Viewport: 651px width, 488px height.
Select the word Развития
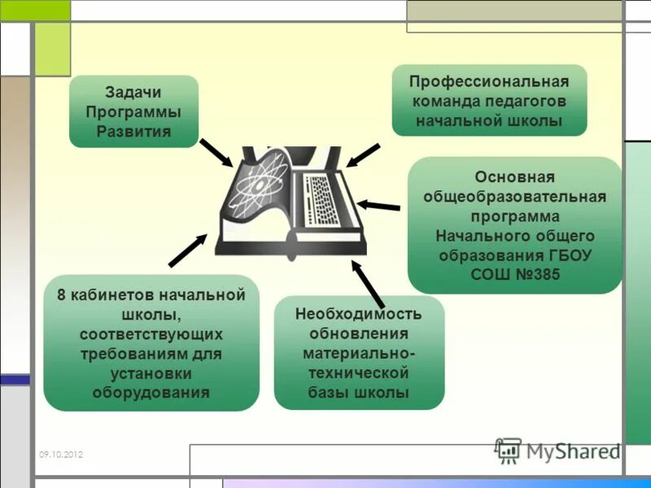pyautogui.click(x=133, y=131)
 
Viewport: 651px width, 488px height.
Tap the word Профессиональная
pyautogui.click(x=488, y=82)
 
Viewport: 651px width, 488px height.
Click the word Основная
pyautogui.click(x=514, y=177)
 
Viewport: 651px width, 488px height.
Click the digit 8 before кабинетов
pyautogui.click(x=62, y=295)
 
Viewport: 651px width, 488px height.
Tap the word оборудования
pyautogui.click(x=151, y=392)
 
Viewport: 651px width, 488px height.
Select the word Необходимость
pyautogui.click(x=359, y=314)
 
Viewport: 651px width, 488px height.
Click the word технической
pyautogui.click(x=359, y=373)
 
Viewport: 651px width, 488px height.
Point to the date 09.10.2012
pyautogui.click(x=60, y=455)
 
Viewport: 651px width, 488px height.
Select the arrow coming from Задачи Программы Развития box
pyautogui.click(x=216, y=152)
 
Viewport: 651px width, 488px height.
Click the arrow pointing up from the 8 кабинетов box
pyautogui.click(x=188, y=251)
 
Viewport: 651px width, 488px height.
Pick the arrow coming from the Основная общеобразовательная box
pyautogui.click(x=378, y=205)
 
